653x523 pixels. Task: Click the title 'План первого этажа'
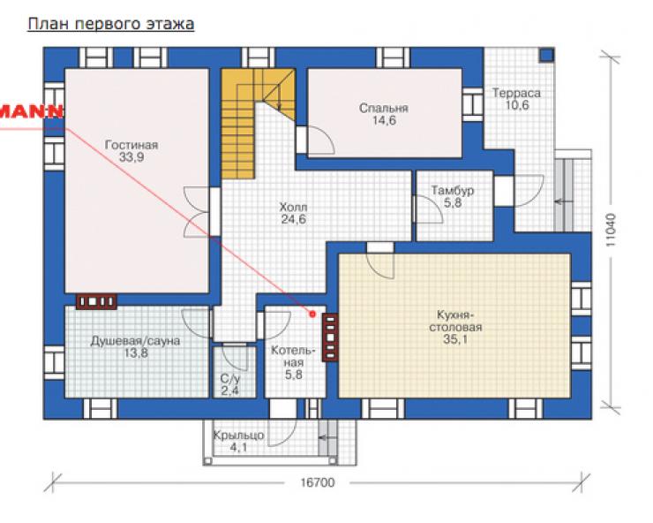point(111,24)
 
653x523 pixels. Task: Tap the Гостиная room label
point(131,145)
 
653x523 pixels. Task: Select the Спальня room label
point(384,109)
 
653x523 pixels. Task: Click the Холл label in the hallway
point(294,207)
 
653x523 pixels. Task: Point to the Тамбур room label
point(453,191)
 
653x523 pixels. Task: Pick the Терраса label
point(516,93)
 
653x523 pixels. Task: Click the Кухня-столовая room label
point(455,321)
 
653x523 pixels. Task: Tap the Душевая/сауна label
point(135,341)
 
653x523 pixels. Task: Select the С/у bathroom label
point(230,379)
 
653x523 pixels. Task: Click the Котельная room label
point(294,357)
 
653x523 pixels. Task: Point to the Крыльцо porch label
point(238,436)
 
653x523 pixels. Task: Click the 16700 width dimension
point(318,482)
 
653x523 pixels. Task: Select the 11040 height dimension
point(610,230)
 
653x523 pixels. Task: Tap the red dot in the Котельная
point(312,314)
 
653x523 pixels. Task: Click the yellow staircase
point(237,124)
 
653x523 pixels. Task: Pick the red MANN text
point(31,111)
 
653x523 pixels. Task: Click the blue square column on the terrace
point(547,55)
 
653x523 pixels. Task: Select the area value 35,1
point(455,339)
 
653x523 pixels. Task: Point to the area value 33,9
point(131,157)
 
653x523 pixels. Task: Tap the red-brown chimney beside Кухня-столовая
point(330,337)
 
